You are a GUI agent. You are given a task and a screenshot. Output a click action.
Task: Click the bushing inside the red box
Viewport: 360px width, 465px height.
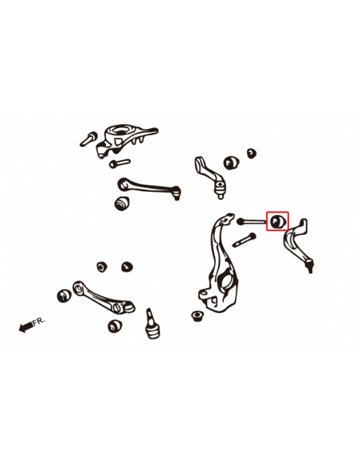point(279,221)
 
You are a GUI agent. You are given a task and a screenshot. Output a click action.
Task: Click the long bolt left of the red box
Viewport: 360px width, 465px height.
point(254,221)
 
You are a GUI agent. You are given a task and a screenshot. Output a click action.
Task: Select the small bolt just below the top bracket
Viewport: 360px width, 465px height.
point(118,164)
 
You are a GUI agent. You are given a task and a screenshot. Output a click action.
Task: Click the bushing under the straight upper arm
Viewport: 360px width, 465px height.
point(123,203)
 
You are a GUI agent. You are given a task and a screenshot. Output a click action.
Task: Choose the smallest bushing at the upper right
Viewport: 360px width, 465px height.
point(252,152)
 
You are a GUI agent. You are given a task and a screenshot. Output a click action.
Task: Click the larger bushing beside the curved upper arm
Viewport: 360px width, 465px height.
point(234,162)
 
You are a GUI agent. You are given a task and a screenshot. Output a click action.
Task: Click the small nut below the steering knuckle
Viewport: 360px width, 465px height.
point(198,319)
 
